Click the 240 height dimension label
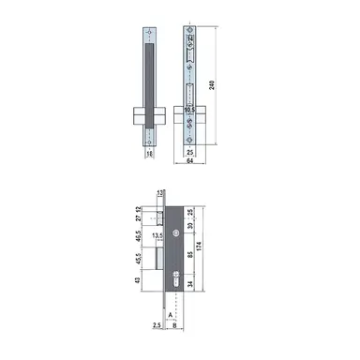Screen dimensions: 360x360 (x=216, y=85)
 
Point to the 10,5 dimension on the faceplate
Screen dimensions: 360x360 (x=190, y=109)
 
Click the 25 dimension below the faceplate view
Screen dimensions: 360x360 (x=189, y=150)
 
